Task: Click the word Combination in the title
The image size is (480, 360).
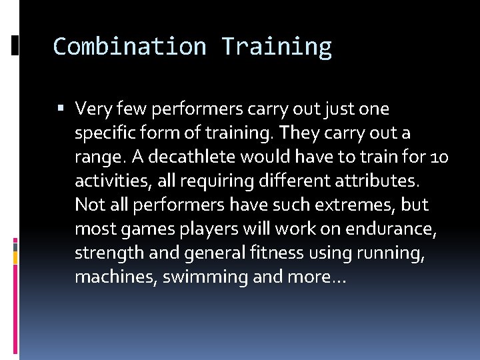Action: point(130,47)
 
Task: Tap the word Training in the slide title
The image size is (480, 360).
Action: point(276,47)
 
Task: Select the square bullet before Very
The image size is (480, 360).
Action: point(62,108)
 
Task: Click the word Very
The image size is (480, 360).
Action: point(93,108)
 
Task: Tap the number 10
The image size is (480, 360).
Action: point(440,157)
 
